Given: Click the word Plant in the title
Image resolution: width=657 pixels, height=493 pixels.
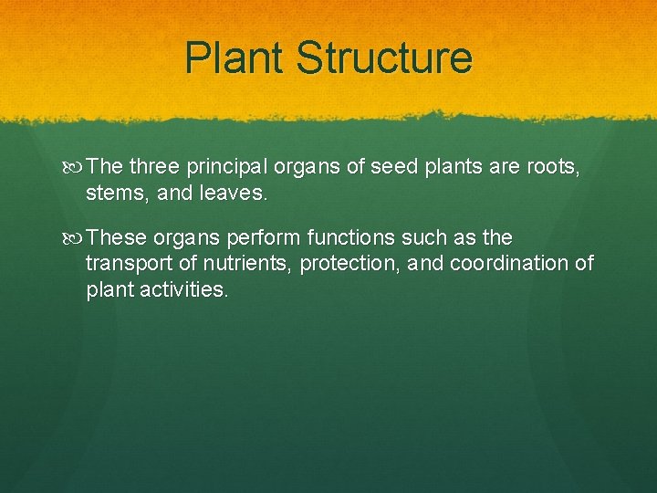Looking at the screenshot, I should click(x=234, y=58).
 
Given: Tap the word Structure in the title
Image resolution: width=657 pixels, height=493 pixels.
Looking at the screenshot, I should click(x=384, y=58).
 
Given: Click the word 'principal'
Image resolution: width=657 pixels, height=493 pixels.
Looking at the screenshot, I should click(x=226, y=166).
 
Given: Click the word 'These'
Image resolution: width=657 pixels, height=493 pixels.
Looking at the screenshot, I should click(x=119, y=237).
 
